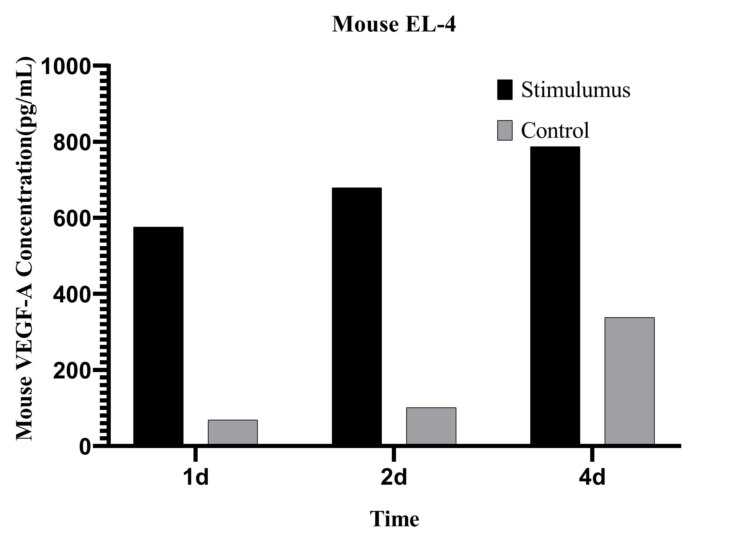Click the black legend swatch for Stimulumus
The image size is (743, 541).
504,89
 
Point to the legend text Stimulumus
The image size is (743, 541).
576,89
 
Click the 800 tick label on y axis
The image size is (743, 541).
71,143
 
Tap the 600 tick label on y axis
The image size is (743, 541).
71,219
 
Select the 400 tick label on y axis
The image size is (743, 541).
71,295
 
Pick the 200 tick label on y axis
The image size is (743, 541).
71,371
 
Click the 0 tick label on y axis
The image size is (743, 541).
85,447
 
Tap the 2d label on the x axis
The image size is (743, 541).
393,477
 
